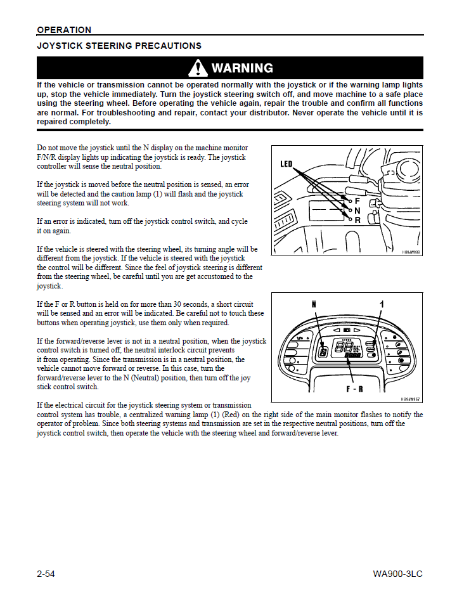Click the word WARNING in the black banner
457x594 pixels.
[x=242, y=68]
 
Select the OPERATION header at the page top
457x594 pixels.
[x=64, y=30]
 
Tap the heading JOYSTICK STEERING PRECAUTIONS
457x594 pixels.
[x=119, y=46]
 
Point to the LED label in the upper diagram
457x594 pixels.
[x=286, y=164]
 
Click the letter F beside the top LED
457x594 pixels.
[x=357, y=200]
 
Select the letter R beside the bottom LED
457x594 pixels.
[x=357, y=220]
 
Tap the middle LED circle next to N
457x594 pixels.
[x=349, y=209]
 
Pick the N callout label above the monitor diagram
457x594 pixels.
[x=314, y=305]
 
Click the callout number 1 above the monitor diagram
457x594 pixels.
[x=382, y=305]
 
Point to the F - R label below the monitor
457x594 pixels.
[x=354, y=388]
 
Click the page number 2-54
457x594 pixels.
[x=46, y=574]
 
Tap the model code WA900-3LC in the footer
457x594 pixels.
[x=397, y=574]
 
